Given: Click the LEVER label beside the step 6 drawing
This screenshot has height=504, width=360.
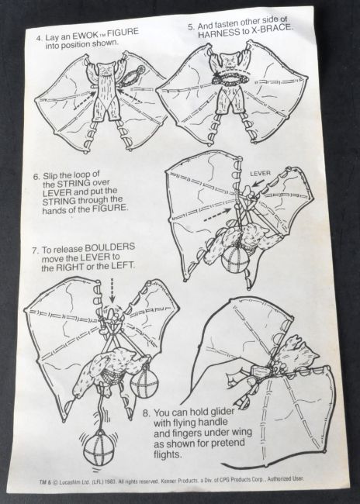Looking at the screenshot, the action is (x=260, y=174).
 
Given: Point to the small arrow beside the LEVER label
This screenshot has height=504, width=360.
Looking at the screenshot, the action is (x=258, y=183).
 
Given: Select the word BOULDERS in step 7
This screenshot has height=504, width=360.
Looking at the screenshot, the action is (x=109, y=248).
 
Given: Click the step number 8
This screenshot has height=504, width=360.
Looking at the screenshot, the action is (x=146, y=413).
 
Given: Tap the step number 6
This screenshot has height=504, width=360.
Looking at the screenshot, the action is (x=36, y=177).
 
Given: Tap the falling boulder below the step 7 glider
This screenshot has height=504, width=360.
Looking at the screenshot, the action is (x=99, y=448).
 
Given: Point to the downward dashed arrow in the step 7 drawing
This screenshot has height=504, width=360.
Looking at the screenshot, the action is (x=112, y=290).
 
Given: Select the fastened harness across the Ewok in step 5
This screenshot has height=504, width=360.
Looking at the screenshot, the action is (x=230, y=78).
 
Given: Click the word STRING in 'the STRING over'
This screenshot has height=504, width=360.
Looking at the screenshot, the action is (x=74, y=184).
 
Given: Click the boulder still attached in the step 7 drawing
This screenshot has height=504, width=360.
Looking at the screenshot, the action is (x=144, y=383).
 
